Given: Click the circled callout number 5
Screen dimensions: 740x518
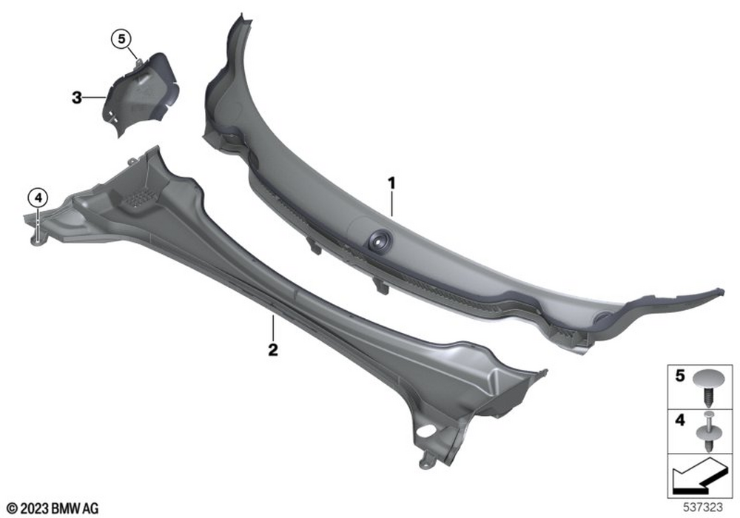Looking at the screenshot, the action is (x=122, y=38).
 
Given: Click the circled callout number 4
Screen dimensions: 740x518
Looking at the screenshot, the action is (x=38, y=198).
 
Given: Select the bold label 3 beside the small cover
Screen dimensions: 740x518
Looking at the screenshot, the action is (x=76, y=98).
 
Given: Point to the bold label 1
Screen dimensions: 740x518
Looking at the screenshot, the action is (x=391, y=183).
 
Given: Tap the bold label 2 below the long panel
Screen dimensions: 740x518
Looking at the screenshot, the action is (x=273, y=350).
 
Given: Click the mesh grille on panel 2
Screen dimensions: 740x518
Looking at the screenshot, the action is (x=140, y=197).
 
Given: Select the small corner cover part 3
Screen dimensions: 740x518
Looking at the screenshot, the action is (x=141, y=95).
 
